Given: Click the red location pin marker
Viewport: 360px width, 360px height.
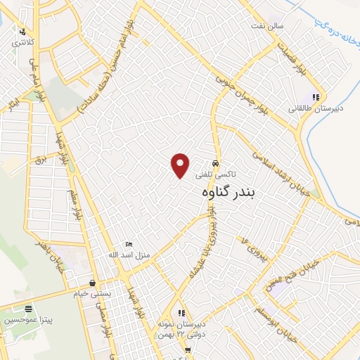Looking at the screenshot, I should (x=181, y=165).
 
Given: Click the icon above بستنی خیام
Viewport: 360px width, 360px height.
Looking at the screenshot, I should (x=92, y=283).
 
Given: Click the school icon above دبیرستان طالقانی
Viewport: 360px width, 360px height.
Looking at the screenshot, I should (x=316, y=98).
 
